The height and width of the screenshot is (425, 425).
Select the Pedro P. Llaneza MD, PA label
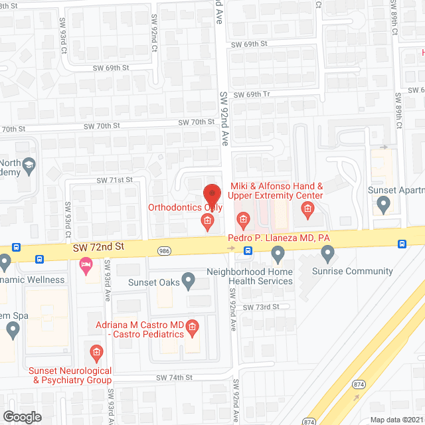pos(278,238)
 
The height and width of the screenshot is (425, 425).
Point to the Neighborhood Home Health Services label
pos(249,276)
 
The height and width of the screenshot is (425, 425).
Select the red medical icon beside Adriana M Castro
pos(192,326)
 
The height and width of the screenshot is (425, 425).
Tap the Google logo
pos(21,416)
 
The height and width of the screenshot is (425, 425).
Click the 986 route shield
pos(164,251)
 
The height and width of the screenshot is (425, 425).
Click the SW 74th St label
pos(174,377)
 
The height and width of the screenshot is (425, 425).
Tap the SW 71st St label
pos(115,180)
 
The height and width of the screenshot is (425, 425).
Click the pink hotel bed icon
pos(86,267)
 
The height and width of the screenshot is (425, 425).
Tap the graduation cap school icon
pos(29,164)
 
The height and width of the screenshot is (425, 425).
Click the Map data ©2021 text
pos(396,419)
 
